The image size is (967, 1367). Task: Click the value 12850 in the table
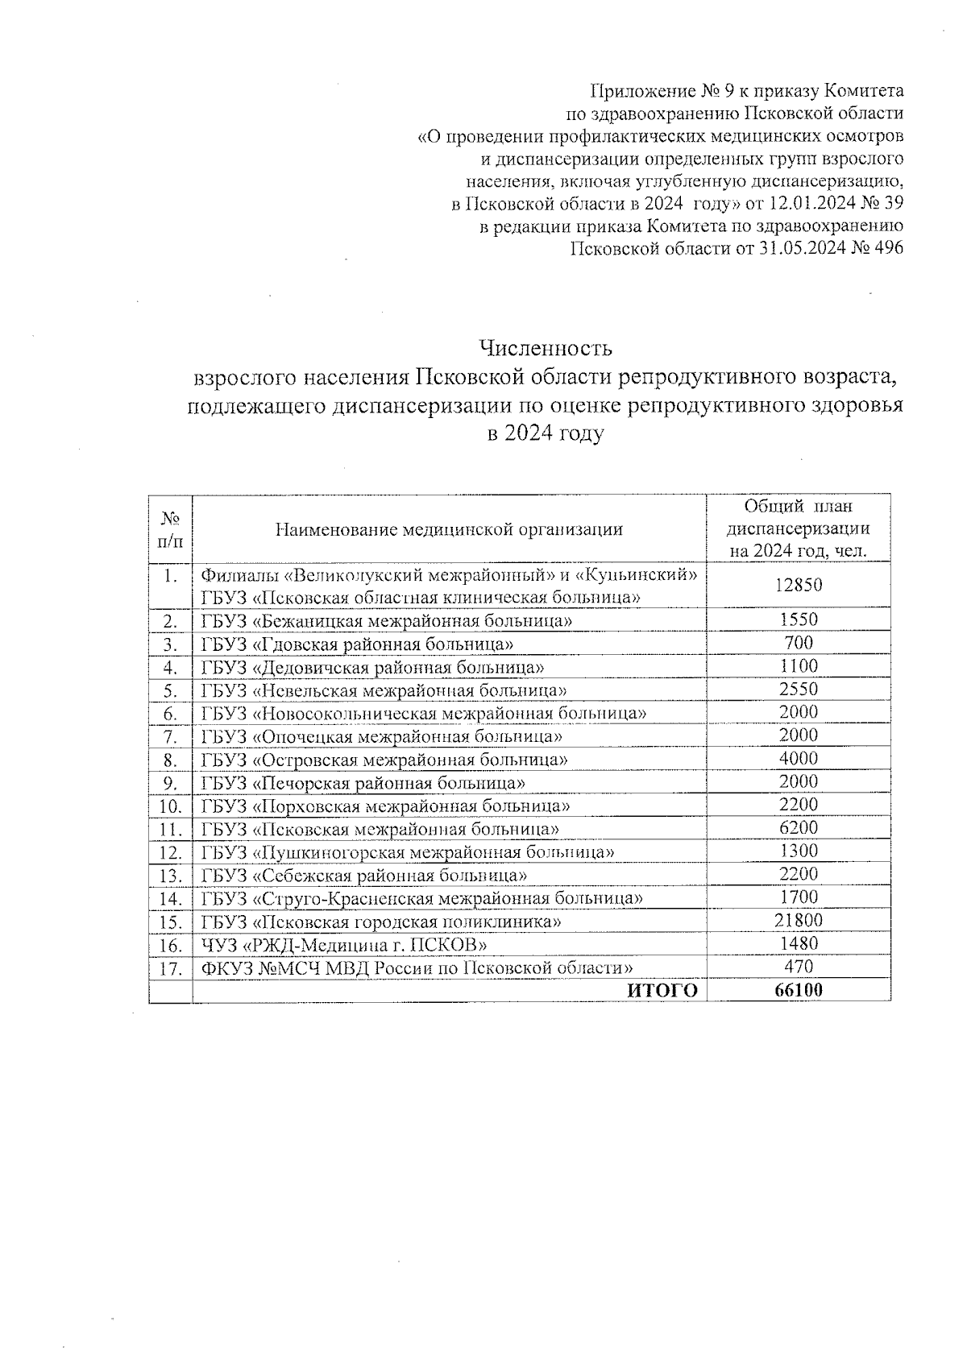(799, 585)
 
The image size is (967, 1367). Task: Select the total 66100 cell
(799, 991)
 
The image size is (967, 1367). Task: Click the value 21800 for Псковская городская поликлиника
(799, 921)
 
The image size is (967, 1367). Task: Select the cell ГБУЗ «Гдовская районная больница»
(358, 644)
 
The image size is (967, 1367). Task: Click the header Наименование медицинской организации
(449, 529)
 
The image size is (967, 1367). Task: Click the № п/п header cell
(171, 529)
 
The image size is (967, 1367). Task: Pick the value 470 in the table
(799, 967)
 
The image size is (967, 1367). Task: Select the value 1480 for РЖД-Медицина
(799, 943)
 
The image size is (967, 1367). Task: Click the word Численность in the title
(546, 348)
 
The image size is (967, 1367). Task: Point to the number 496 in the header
(887, 248)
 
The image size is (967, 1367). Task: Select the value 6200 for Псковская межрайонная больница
(799, 827)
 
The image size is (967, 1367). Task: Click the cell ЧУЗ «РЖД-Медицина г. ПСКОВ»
(344, 944)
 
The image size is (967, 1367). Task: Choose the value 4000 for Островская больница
(799, 758)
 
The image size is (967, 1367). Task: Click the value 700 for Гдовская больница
(799, 643)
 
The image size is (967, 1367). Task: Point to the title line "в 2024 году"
(546, 434)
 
